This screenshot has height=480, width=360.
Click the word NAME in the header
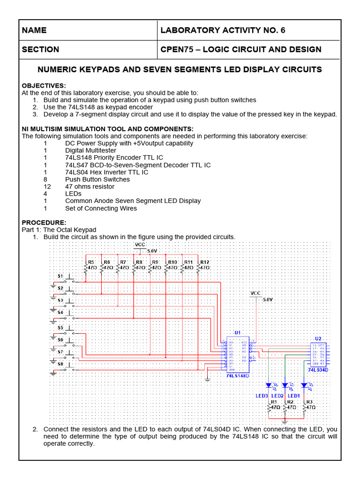coord(34,30)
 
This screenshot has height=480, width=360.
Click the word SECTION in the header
coord(40,49)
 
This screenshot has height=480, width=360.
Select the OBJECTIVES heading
coord(44,85)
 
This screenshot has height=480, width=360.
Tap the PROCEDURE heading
coord(44,222)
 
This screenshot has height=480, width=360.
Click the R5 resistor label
coord(91,262)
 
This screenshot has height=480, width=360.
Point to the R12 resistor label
coord(204,262)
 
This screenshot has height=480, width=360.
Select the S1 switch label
coord(60,276)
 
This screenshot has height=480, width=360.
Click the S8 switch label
coord(60,363)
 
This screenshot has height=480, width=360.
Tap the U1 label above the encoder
coord(238,332)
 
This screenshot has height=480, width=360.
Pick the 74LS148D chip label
coord(238,375)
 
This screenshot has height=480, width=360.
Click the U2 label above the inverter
coord(318,338)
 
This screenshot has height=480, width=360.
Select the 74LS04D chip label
coord(318,370)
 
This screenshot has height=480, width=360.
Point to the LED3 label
coord(262,396)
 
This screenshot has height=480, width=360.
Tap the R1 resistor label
coord(274,402)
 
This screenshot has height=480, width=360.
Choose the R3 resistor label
coord(308,402)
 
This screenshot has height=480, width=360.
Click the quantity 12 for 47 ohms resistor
coord(45,187)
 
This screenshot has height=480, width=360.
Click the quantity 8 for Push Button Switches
coord(45,179)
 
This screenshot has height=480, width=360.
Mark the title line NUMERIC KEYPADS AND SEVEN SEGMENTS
coord(180,69)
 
